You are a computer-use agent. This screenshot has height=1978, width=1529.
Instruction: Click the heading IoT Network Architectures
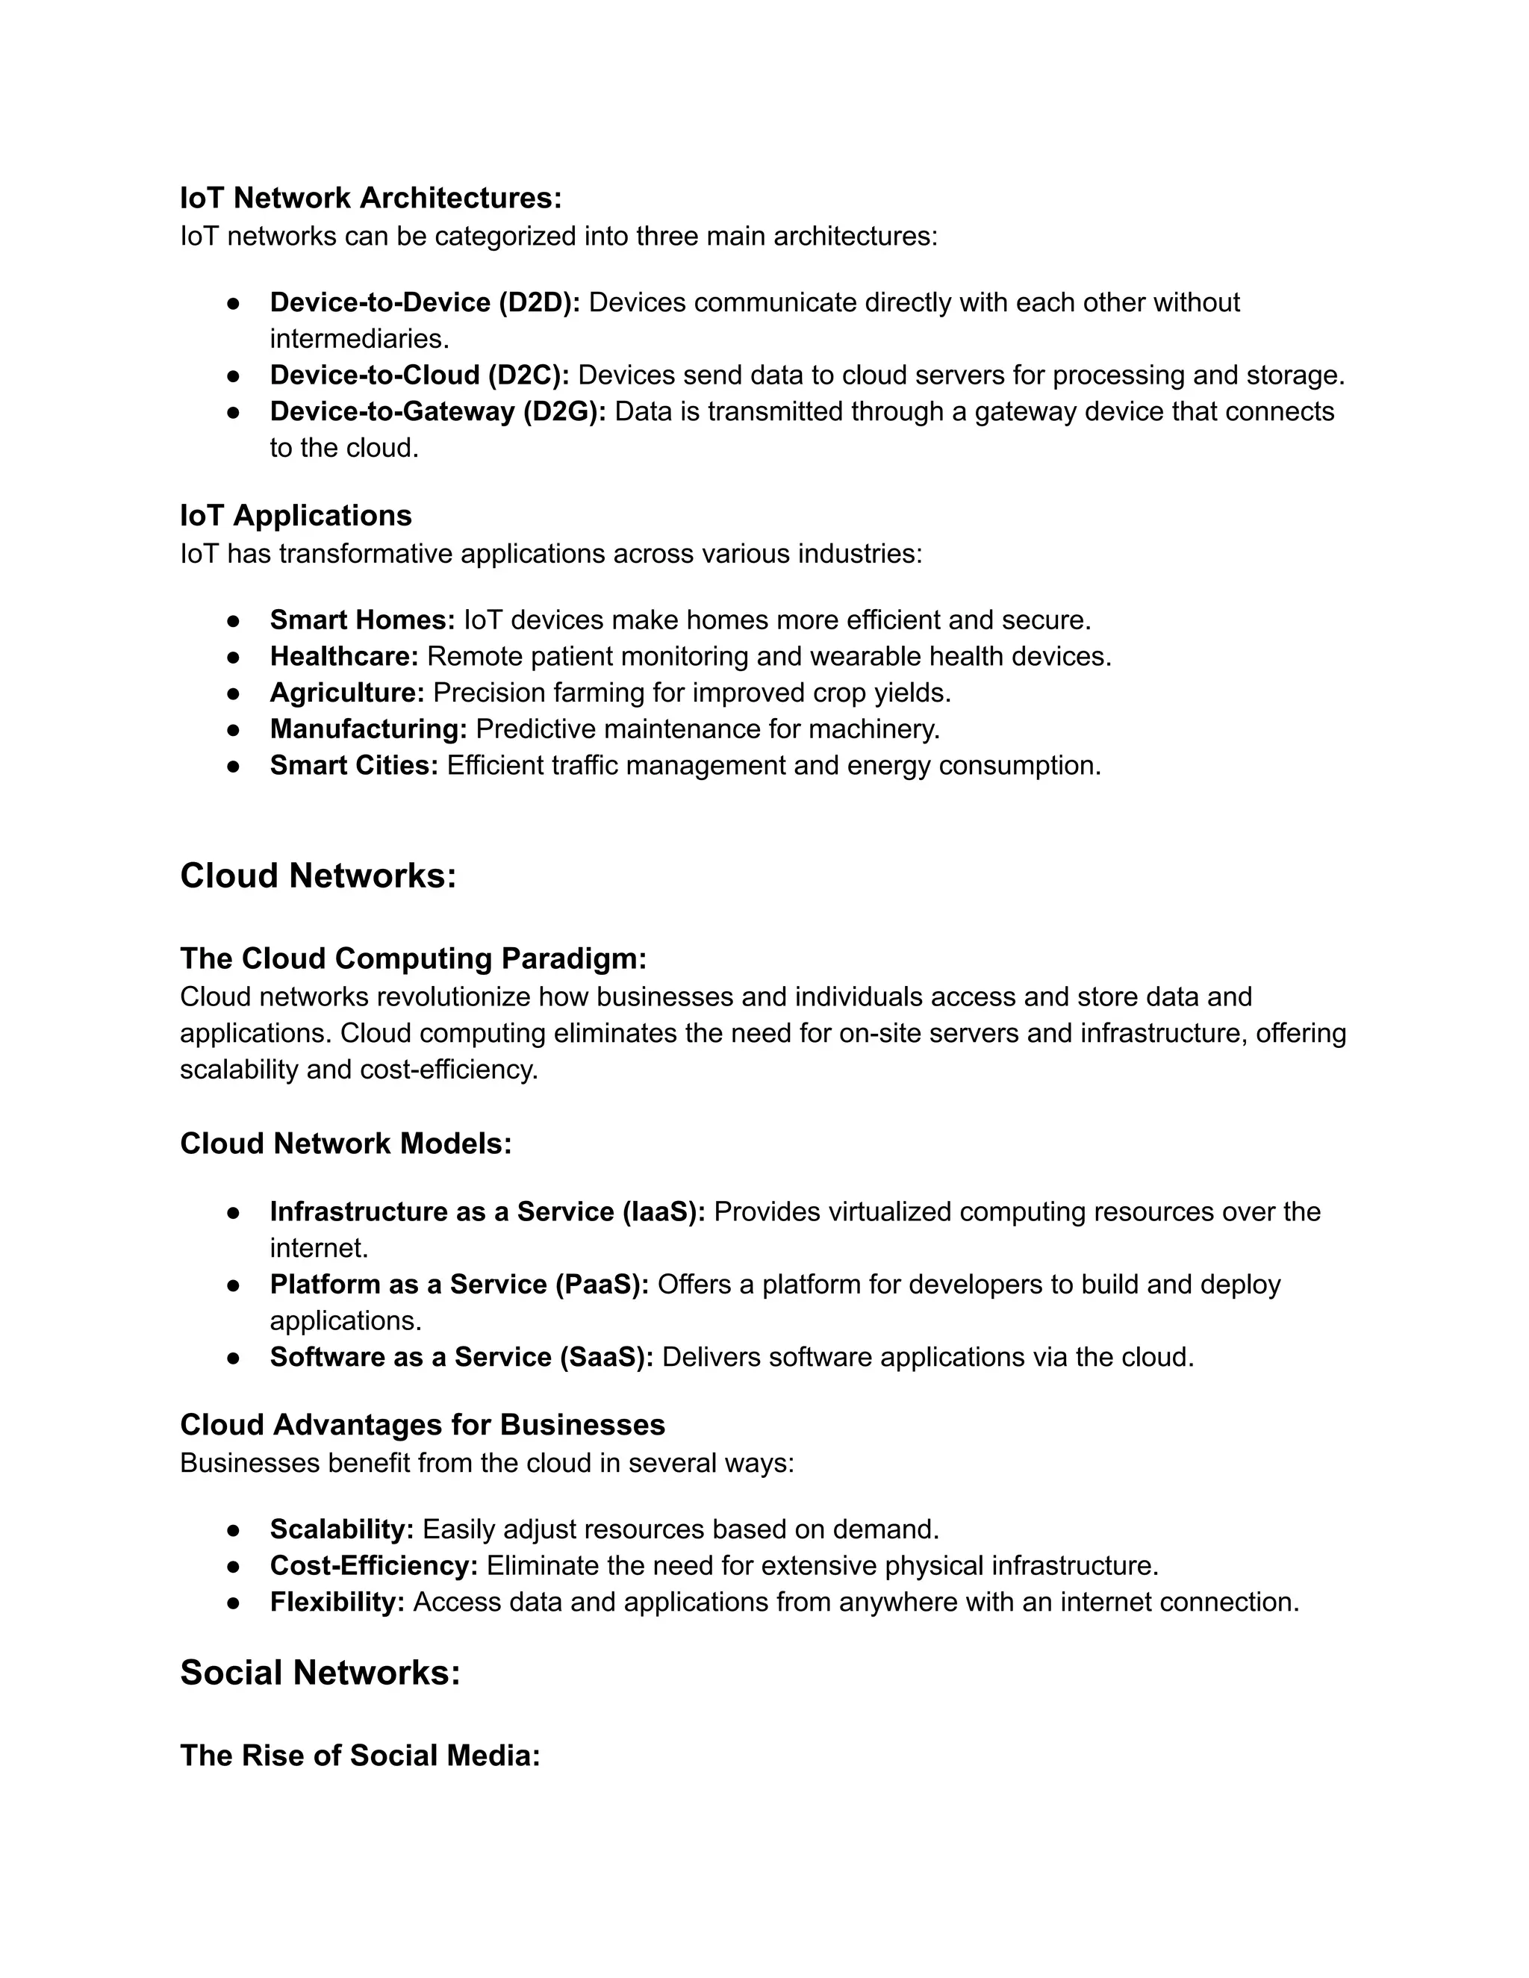[x=370, y=198]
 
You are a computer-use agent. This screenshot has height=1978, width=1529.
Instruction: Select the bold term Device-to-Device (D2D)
[x=424, y=302]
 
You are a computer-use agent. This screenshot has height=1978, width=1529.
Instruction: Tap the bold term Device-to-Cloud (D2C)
[x=419, y=375]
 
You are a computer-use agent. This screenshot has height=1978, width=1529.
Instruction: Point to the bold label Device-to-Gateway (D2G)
[x=437, y=411]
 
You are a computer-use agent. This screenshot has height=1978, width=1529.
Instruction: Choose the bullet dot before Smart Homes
[x=233, y=620]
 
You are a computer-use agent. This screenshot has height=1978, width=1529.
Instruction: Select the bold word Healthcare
[x=343, y=657]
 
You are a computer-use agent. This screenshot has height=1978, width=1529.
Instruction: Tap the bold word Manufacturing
[x=368, y=729]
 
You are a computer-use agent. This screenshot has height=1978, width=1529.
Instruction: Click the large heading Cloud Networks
[x=318, y=876]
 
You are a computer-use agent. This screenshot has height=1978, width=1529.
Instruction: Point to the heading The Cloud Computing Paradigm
[x=413, y=958]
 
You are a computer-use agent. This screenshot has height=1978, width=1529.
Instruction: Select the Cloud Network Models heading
[x=345, y=1144]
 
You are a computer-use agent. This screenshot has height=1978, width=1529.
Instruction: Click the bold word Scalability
[x=341, y=1529]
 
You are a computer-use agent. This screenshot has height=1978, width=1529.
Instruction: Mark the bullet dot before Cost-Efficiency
[x=233, y=1566]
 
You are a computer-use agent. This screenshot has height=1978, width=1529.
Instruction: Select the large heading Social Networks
[x=320, y=1673]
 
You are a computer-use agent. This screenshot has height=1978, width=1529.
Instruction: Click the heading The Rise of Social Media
[x=360, y=1756]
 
